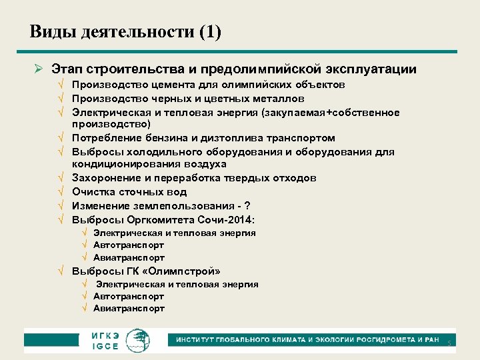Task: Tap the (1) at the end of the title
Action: pyautogui.click(x=209, y=32)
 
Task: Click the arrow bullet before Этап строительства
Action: pyautogui.click(x=39, y=69)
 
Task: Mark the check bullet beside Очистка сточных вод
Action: pyautogui.click(x=61, y=192)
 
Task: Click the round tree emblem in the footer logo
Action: pyautogui.click(x=139, y=339)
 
